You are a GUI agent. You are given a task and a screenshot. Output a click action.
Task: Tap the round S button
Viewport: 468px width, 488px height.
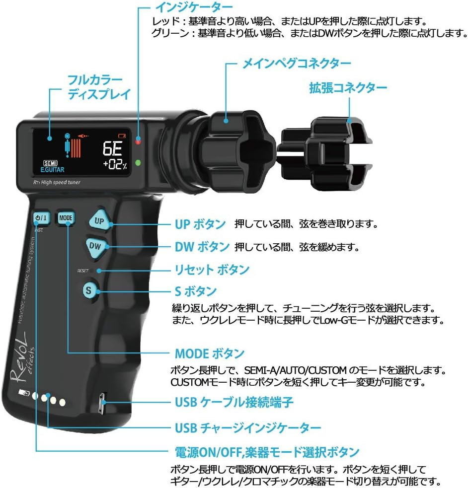click(88, 290)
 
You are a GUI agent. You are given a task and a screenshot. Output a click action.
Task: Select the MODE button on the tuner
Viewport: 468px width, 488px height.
click(66, 217)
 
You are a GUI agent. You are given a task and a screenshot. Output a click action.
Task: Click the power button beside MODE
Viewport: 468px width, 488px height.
click(41, 217)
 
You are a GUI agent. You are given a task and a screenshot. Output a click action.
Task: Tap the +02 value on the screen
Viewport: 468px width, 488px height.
click(115, 165)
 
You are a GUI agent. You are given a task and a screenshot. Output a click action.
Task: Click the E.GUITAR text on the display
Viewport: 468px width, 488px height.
click(49, 170)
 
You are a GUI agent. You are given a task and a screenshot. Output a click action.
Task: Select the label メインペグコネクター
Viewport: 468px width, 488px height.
click(296, 64)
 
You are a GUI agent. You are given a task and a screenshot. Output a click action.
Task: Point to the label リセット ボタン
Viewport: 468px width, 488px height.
click(212, 270)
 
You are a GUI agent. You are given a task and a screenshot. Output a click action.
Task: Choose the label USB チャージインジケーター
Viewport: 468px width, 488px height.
click(247, 427)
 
